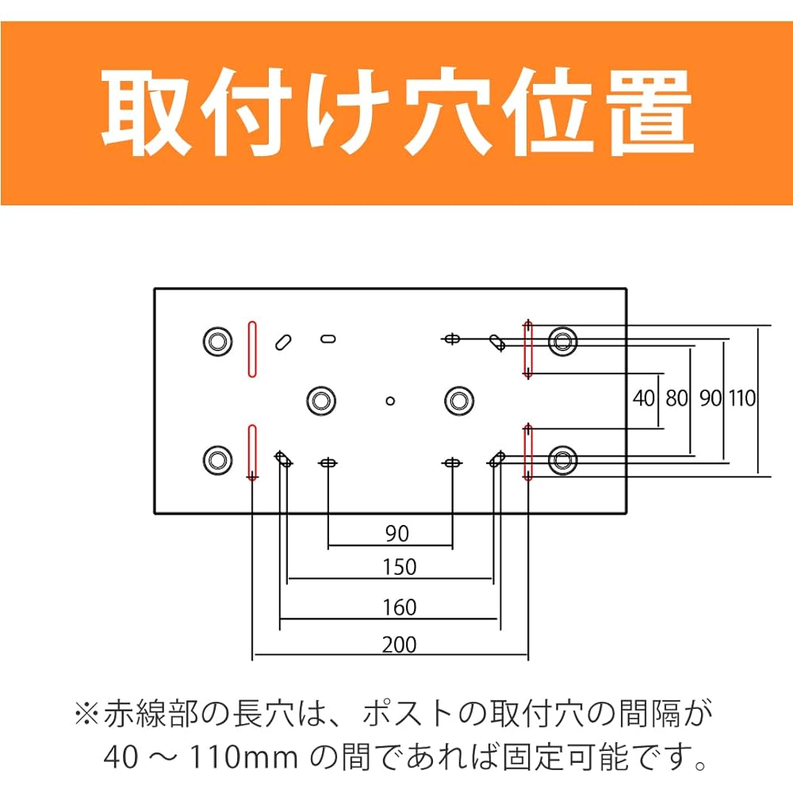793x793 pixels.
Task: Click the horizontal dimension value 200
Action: (x=399, y=645)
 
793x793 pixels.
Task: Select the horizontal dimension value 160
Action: (x=399, y=607)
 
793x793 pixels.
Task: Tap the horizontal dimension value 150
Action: (x=399, y=567)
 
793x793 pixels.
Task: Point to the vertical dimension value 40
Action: (x=644, y=399)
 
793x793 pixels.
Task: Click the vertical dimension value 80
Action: (x=676, y=399)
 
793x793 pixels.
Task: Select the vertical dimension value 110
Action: (x=742, y=399)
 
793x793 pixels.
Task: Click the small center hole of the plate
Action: (x=390, y=401)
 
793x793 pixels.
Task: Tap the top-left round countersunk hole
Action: (x=218, y=341)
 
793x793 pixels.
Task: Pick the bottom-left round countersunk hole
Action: (x=218, y=460)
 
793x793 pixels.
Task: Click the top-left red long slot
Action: (x=252, y=349)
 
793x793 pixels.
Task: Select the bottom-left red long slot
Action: (x=252, y=451)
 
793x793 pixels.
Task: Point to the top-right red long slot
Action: (x=528, y=349)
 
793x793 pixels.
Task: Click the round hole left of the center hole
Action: (x=322, y=401)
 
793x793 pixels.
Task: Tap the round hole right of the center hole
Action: (x=459, y=401)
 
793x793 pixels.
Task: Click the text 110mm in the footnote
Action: (x=243, y=757)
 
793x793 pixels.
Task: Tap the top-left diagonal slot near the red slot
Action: (x=283, y=343)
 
